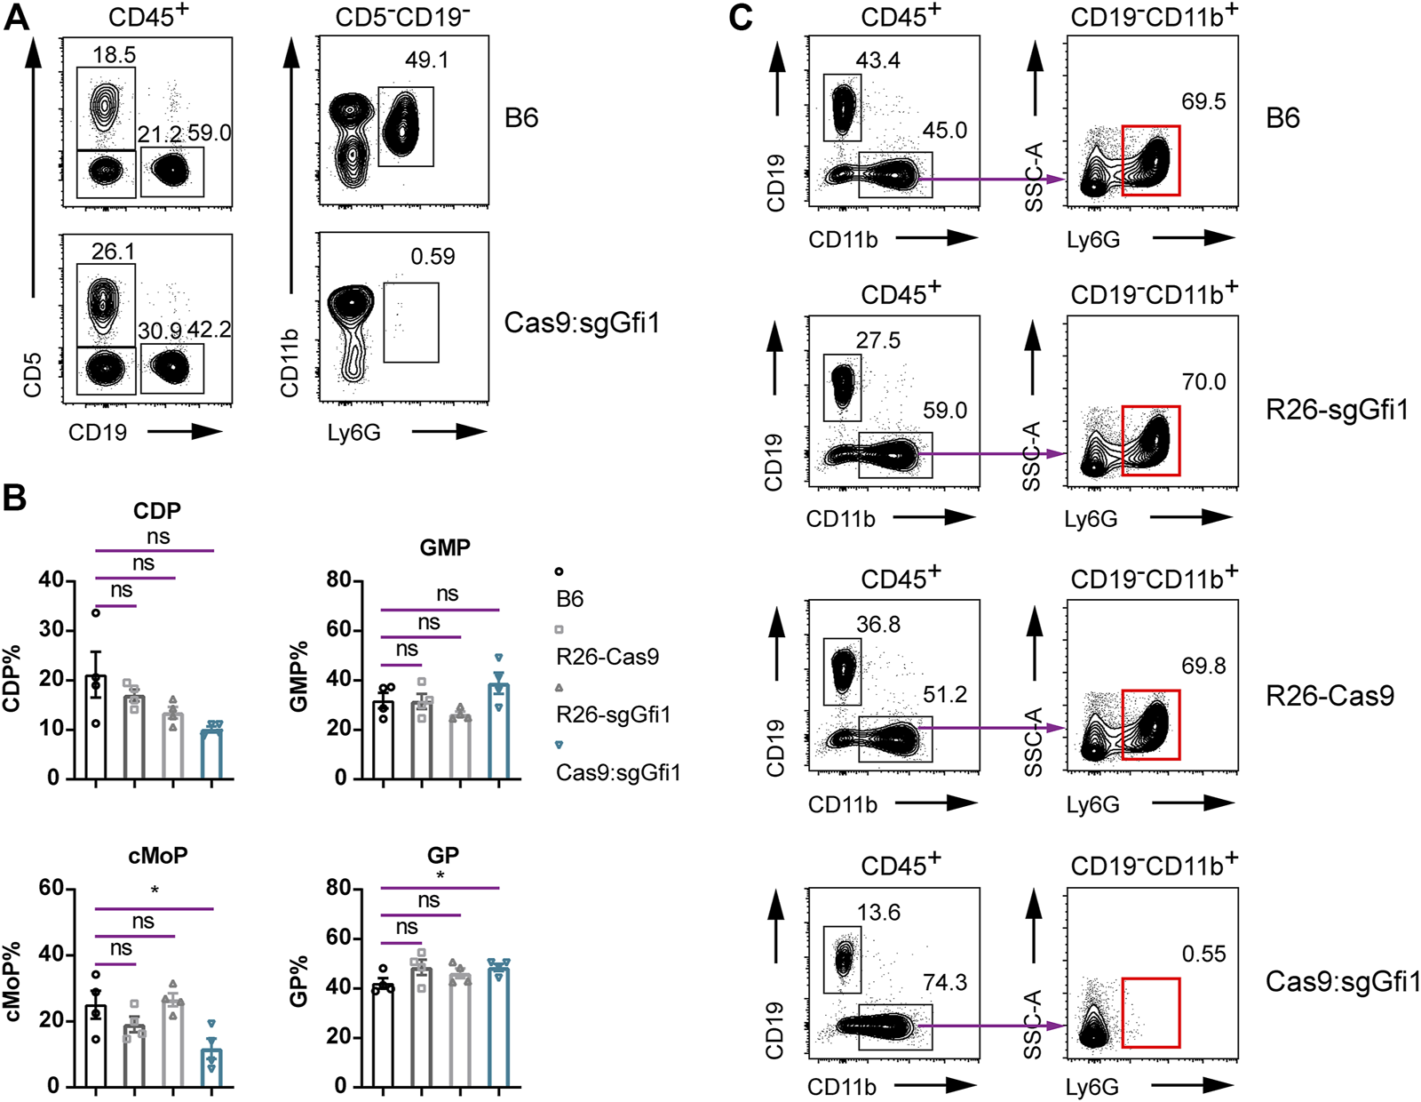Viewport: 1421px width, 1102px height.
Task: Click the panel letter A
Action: click(17, 17)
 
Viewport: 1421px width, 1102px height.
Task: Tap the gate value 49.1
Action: click(426, 60)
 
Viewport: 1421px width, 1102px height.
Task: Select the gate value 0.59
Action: click(433, 257)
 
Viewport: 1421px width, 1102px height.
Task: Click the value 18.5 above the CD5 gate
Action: click(114, 55)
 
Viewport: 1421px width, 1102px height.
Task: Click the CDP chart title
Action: click(156, 511)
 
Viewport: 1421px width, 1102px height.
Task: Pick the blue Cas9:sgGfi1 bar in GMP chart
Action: click(499, 731)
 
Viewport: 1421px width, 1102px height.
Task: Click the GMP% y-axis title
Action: click(299, 675)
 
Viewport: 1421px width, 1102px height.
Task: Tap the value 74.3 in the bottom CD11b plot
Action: click(945, 983)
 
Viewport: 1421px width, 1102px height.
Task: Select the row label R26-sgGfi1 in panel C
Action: click(1337, 411)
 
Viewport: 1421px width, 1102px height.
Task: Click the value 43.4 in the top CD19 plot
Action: click(878, 60)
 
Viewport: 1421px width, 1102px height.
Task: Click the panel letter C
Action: click(741, 17)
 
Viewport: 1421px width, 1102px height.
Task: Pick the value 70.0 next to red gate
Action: click(1203, 382)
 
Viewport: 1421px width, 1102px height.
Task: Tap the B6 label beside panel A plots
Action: click(521, 118)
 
